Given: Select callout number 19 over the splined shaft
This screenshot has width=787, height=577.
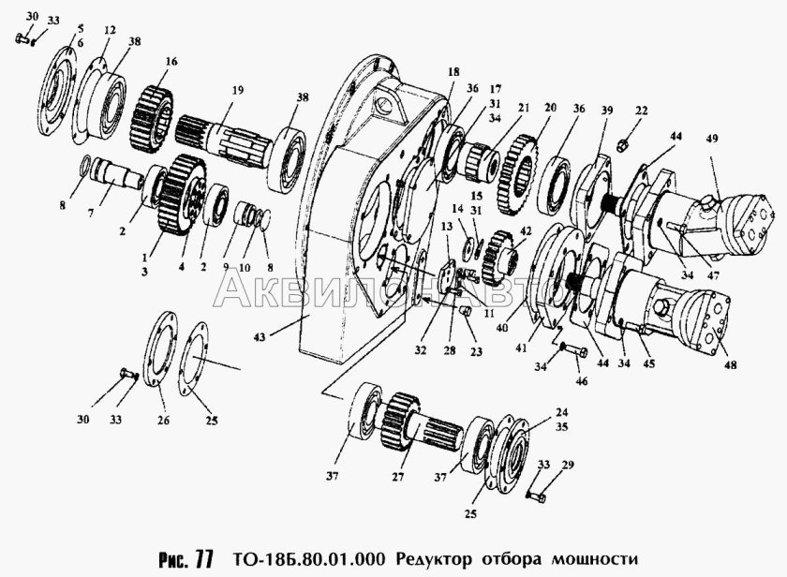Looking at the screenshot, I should (x=237, y=90).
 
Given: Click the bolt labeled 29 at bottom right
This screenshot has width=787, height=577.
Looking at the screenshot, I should (x=537, y=493).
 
